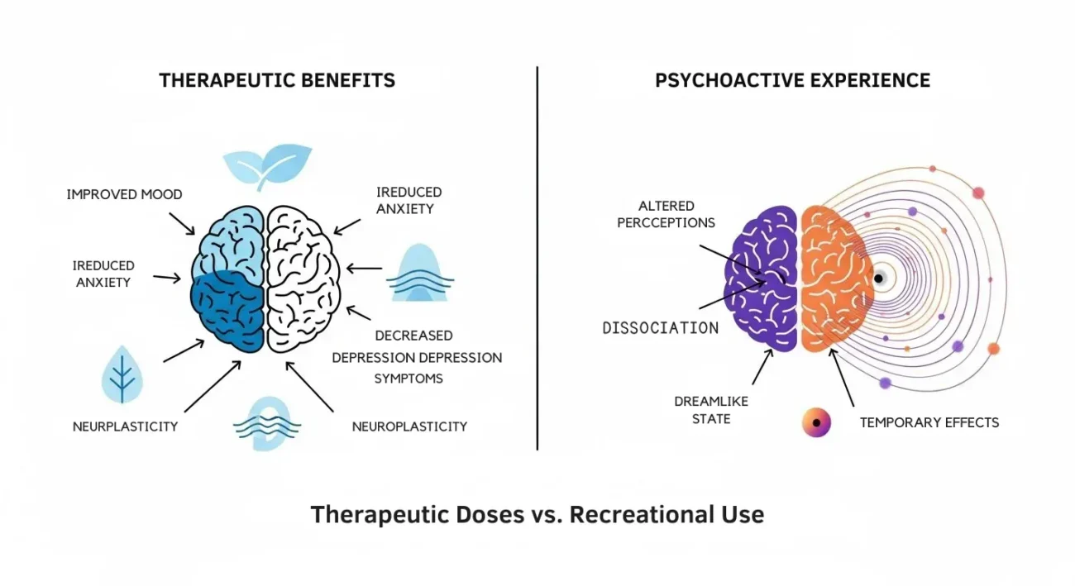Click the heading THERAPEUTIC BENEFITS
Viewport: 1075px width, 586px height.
click(x=277, y=80)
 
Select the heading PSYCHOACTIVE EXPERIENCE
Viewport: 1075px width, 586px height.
click(x=792, y=80)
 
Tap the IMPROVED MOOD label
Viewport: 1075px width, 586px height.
click(x=125, y=195)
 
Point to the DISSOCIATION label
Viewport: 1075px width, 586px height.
click(x=660, y=328)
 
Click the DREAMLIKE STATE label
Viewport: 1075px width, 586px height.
click(x=702, y=410)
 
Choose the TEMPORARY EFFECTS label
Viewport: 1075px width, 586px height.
click(x=929, y=422)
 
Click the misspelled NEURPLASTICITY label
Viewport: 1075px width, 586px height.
click(x=125, y=426)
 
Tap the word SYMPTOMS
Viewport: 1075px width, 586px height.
click(x=408, y=379)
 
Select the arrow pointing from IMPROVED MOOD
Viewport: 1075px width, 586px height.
click(x=182, y=221)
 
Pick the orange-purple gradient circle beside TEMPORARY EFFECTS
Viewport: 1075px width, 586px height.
click(x=816, y=422)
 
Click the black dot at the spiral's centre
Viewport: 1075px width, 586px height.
click(x=879, y=279)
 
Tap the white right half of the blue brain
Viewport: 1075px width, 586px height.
click(x=302, y=277)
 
